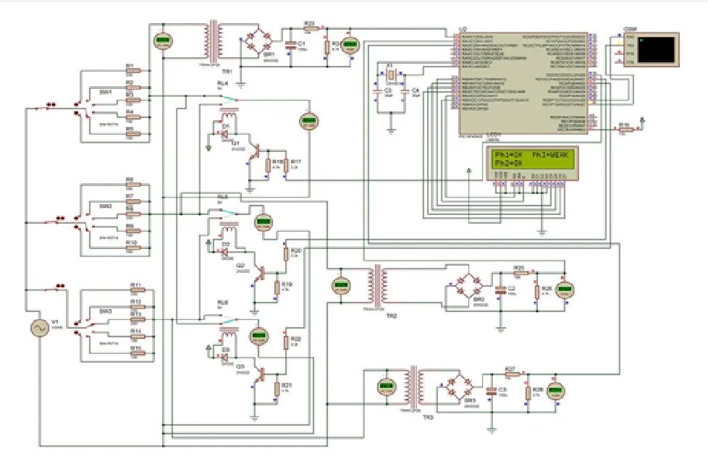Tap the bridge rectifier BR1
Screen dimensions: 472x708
click(x=256, y=41)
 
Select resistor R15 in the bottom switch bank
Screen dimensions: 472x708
click(x=135, y=354)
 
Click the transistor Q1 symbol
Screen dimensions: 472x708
click(x=253, y=151)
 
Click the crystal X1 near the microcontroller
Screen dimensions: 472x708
click(x=391, y=75)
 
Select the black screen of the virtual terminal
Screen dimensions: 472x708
click(x=657, y=49)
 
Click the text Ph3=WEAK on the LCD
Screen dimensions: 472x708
click(x=553, y=155)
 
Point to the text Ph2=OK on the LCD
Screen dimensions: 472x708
click(x=509, y=164)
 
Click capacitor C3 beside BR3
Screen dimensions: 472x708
click(x=492, y=392)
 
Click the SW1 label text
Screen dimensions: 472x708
click(x=106, y=92)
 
